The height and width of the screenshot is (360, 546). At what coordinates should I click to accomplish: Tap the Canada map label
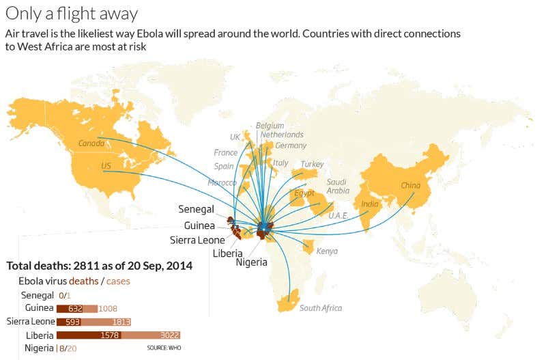click(x=91, y=143)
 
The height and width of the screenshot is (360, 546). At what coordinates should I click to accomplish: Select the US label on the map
click(x=106, y=166)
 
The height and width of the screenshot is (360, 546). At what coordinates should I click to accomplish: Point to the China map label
click(x=410, y=185)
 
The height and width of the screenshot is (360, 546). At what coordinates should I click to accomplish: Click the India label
click(x=369, y=204)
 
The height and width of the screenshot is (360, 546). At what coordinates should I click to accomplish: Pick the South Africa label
click(x=320, y=308)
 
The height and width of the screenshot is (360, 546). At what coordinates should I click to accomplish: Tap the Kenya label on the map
click(x=327, y=251)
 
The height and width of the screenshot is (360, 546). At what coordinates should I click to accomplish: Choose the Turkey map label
click(x=312, y=165)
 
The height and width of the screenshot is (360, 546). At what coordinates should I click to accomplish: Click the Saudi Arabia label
click(x=338, y=186)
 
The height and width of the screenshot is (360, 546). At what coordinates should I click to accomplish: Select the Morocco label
click(x=222, y=183)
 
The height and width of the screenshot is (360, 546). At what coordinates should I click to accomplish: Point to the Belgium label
click(x=269, y=126)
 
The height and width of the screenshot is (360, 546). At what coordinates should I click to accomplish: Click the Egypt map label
click(x=304, y=193)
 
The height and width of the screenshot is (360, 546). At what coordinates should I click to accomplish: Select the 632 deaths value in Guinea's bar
click(x=76, y=308)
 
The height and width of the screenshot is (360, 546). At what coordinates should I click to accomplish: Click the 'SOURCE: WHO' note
click(x=165, y=348)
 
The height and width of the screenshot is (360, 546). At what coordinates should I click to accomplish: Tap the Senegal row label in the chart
click(x=38, y=295)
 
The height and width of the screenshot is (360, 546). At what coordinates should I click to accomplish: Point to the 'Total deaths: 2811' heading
click(x=99, y=265)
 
